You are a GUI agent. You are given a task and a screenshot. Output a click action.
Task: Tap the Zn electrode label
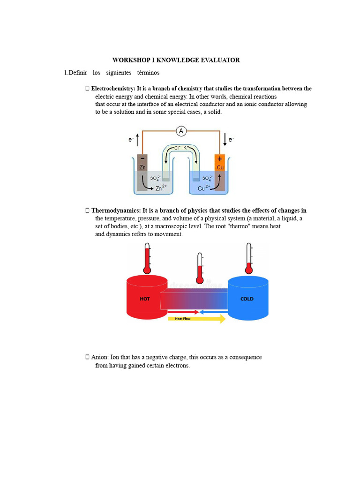click(142, 167)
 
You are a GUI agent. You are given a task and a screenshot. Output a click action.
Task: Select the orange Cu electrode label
click(220, 167)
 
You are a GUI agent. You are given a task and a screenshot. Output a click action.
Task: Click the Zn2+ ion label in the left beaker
click(161, 188)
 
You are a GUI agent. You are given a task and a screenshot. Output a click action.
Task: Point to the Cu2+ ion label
click(204, 188)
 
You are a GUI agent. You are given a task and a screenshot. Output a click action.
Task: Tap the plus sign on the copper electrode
click(220, 159)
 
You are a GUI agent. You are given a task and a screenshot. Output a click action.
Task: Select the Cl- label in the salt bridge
click(177, 148)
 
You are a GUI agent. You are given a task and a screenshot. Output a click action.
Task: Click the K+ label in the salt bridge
click(186, 148)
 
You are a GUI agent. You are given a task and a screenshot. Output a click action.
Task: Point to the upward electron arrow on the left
click(136, 139)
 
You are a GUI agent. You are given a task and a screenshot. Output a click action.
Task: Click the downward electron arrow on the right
click(225, 139)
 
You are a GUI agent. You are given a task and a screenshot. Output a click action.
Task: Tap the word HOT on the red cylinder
click(145, 299)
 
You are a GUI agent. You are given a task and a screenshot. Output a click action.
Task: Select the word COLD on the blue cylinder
click(247, 299)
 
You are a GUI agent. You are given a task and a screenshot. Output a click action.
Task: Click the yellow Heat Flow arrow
click(196, 319)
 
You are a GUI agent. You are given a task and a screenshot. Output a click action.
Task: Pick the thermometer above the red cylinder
click(147, 258)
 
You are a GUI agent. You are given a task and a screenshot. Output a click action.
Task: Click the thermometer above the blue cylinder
click(249, 258)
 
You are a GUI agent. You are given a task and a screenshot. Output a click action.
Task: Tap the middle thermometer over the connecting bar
click(200, 269)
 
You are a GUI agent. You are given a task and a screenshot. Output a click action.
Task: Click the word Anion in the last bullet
click(100, 357)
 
